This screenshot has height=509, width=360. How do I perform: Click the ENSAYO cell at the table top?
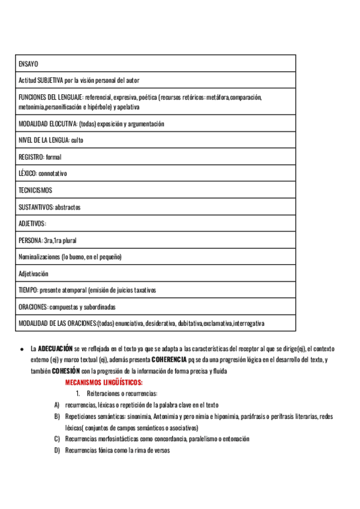coord(28,64)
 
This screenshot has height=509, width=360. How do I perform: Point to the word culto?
coord(77,140)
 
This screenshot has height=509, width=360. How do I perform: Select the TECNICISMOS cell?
coord(35,190)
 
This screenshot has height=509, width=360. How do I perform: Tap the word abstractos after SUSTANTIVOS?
coord(67,207)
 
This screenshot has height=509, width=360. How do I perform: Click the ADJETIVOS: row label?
coord(32,224)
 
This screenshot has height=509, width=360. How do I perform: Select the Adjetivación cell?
coord(34,274)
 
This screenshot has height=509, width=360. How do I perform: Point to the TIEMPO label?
coord(28,290)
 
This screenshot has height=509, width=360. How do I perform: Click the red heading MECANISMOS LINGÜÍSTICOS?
coord(103,382)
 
